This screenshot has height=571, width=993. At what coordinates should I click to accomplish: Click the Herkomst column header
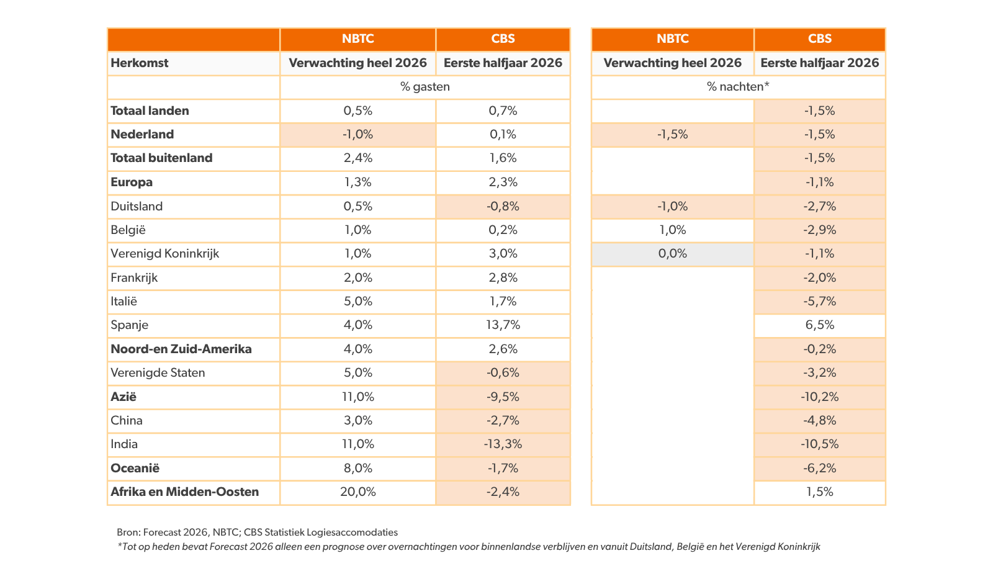139,63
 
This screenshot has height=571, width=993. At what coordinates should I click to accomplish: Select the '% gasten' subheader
425,86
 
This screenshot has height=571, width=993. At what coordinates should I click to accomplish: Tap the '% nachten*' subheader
738,86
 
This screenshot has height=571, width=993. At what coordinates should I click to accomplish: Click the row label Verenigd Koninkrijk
165,254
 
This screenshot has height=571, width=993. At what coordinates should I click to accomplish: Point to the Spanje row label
130,325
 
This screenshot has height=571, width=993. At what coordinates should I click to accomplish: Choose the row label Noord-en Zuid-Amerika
181,349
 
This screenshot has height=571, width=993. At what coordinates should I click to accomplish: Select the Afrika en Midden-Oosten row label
184,492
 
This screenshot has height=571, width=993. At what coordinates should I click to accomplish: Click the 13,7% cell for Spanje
503,325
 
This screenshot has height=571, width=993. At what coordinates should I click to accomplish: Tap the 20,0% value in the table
357,492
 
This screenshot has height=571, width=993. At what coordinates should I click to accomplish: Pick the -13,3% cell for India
503,444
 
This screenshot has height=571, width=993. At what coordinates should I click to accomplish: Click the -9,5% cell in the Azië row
503,397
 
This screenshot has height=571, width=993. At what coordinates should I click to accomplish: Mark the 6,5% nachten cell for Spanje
820,325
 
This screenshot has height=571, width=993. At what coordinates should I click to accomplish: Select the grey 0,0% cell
673,254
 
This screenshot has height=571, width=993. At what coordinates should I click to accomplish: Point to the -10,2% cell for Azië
820,397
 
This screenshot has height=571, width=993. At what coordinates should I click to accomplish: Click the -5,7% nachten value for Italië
820,302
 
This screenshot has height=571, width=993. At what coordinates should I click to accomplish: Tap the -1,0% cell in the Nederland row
357,134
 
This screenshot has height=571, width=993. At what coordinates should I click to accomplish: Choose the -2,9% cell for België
820,230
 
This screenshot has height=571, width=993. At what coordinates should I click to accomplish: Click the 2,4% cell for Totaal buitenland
357,158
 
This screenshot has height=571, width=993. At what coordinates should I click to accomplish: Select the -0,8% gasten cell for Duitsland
503,206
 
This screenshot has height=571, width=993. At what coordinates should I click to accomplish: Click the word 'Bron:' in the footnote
128,533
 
